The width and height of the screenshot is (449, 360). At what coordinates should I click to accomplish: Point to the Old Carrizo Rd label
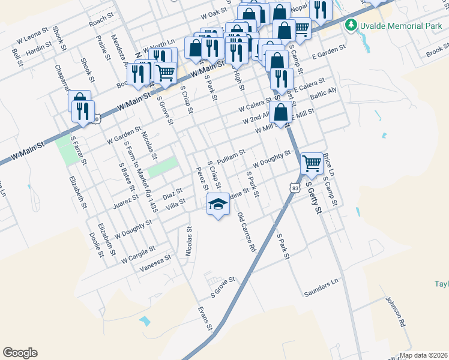click(247, 232)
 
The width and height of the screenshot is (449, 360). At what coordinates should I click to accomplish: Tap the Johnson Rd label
click(395, 313)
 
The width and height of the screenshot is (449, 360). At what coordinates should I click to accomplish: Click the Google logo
click(20, 353)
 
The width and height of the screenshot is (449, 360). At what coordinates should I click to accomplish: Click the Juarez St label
click(126, 201)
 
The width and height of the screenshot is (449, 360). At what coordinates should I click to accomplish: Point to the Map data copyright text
click(424, 355)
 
